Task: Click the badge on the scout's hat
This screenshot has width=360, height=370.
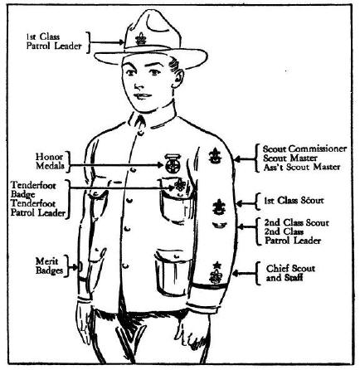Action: (141, 39)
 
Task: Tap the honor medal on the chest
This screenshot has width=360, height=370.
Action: (173, 163)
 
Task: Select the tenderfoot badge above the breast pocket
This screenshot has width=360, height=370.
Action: (180, 184)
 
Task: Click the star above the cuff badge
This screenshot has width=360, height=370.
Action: (217, 265)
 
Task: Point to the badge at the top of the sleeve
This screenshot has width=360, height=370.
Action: (215, 156)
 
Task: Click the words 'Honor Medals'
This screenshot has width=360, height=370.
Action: (50, 161)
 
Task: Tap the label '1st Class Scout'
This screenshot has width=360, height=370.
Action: (294, 200)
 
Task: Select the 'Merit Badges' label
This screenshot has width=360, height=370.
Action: (49, 266)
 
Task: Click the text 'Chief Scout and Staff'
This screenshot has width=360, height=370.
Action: (290, 273)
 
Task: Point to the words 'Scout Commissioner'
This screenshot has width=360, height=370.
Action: (304, 148)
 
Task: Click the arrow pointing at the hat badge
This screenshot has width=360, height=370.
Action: (107, 42)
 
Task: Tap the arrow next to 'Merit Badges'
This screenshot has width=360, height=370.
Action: (73, 267)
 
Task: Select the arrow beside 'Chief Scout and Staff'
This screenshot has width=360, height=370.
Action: (244, 274)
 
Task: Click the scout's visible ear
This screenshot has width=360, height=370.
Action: (178, 77)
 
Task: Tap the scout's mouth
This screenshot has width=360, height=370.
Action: (143, 96)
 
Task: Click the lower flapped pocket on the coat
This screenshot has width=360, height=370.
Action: (173, 273)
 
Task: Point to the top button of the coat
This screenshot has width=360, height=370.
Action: (141, 134)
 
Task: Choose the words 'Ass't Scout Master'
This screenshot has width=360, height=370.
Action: (302, 167)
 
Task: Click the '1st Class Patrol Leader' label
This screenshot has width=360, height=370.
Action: (54, 41)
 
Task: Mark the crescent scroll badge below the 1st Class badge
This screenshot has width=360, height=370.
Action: (220, 225)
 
